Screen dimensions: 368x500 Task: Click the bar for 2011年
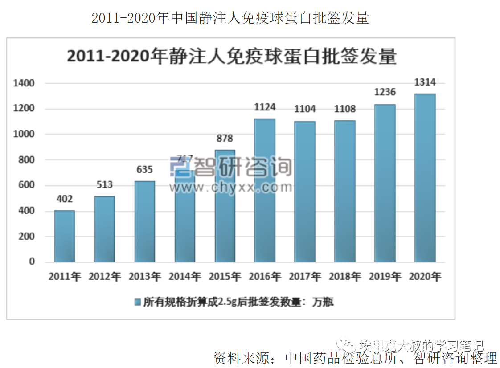pyautogui.click(x=65, y=236)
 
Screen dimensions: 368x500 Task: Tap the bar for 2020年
pyautogui.click(x=425, y=178)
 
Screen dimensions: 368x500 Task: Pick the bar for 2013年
pyautogui.click(x=145, y=221)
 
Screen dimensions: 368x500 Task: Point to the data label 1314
pyautogui.click(x=425, y=82)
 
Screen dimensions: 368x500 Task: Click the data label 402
pyautogui.click(x=65, y=199)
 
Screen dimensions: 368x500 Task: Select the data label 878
pyautogui.click(x=225, y=139)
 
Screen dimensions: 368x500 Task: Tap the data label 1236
pyautogui.click(x=385, y=92)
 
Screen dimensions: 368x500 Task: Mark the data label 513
pyautogui.click(x=105, y=185)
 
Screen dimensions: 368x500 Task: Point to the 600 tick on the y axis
pyautogui.click(x=26, y=185)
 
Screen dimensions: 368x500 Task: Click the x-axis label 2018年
pyautogui.click(x=345, y=277)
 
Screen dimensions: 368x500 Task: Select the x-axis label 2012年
pyautogui.click(x=105, y=277)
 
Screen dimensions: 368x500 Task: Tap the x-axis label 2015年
pyautogui.click(x=225, y=277)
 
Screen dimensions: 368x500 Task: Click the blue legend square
pyautogui.click(x=138, y=302)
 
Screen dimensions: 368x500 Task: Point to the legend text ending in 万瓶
pyautogui.click(x=238, y=302)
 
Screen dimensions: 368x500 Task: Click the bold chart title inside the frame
pyautogui.click(x=232, y=57)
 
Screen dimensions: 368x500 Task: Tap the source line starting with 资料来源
pyautogui.click(x=355, y=358)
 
